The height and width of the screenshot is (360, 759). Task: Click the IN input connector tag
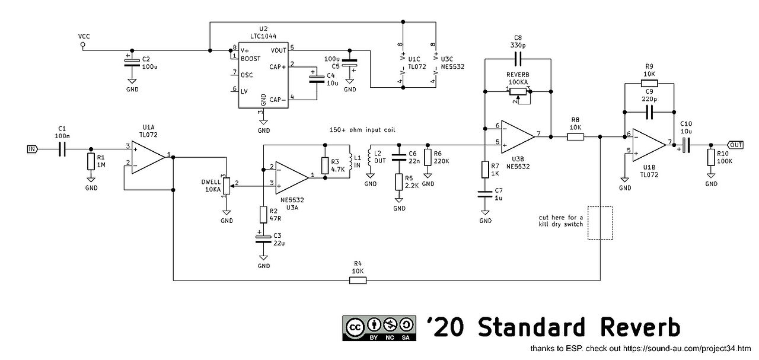[x=33, y=149]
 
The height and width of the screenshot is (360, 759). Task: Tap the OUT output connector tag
[x=735, y=145]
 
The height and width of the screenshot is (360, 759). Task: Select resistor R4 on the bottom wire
[x=358, y=281]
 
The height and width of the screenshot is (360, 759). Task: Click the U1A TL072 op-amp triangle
[x=148, y=157]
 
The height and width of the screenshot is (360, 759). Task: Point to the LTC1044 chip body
[x=263, y=75]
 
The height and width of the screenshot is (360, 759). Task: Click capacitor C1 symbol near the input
[x=62, y=149]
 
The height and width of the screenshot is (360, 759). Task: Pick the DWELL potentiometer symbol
[x=227, y=186]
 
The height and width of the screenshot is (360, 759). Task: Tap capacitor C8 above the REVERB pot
[x=518, y=59]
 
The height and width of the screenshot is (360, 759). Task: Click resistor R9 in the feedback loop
[x=649, y=84]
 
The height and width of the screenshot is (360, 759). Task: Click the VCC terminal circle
[x=82, y=44]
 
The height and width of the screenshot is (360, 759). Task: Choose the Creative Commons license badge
[x=379, y=328]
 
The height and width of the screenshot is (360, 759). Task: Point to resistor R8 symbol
[x=575, y=137]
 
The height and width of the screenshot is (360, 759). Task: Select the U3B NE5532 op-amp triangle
[x=518, y=137]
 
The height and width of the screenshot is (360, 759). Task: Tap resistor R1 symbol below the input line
[x=91, y=161]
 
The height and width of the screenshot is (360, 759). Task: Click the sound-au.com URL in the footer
[x=687, y=349]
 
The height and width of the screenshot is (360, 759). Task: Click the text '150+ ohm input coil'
[x=362, y=130]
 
